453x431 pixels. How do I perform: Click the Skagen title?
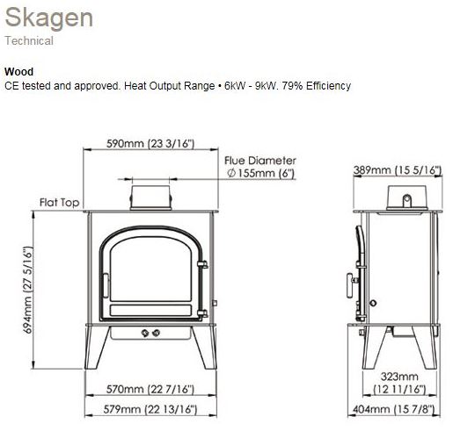click(x=49, y=18)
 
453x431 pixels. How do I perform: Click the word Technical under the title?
click(x=29, y=40)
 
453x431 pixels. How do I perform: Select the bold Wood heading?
click(x=18, y=71)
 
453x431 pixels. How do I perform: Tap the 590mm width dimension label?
click(x=150, y=143)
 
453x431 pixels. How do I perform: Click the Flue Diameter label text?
click(x=260, y=161)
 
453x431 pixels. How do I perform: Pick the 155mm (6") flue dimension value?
click(x=261, y=173)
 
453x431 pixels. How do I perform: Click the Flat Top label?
click(x=59, y=202)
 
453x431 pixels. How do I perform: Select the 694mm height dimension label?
click(x=27, y=290)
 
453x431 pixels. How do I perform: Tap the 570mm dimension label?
click(x=150, y=389)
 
